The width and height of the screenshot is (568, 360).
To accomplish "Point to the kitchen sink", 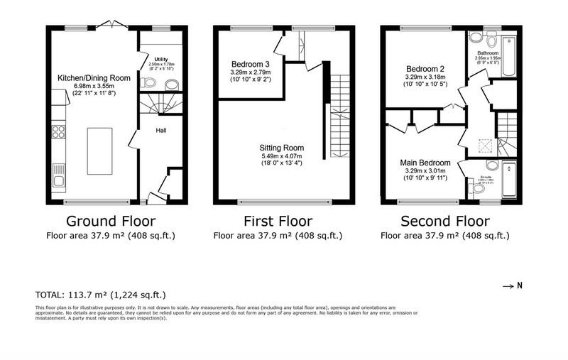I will pos(58,174).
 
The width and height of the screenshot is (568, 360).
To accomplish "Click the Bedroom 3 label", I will pos(247,63).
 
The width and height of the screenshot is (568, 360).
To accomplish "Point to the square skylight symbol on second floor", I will pos(484,146).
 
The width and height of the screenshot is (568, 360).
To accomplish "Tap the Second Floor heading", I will pos(444,221).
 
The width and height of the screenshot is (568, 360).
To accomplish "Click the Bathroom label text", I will pos(487,53).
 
